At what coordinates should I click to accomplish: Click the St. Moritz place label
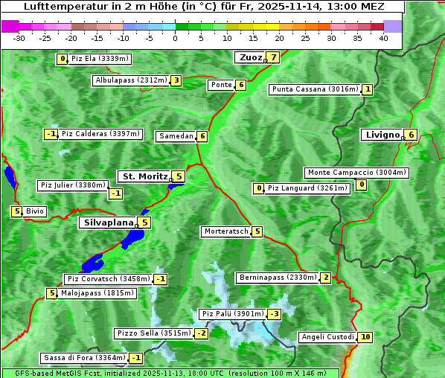tap(144, 176)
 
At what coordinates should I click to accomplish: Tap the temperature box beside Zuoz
tap(274, 57)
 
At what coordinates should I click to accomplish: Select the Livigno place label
tap(382, 135)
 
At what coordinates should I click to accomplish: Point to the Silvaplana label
tap(108, 222)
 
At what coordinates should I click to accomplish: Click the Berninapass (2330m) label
tap(278, 278)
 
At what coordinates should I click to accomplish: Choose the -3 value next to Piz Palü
tap(275, 314)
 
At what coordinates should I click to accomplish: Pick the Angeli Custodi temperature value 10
tap(365, 337)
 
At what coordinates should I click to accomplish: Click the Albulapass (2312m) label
tap(131, 80)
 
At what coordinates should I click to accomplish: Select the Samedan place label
tap(176, 136)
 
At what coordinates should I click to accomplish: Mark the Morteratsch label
tap(226, 231)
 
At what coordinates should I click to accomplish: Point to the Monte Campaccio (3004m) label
tap(356, 173)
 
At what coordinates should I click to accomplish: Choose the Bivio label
tap(35, 211)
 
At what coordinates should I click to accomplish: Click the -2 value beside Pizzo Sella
tap(202, 333)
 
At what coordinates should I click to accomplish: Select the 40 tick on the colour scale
tap(383, 38)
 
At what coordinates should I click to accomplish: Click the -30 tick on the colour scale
tap(19, 38)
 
